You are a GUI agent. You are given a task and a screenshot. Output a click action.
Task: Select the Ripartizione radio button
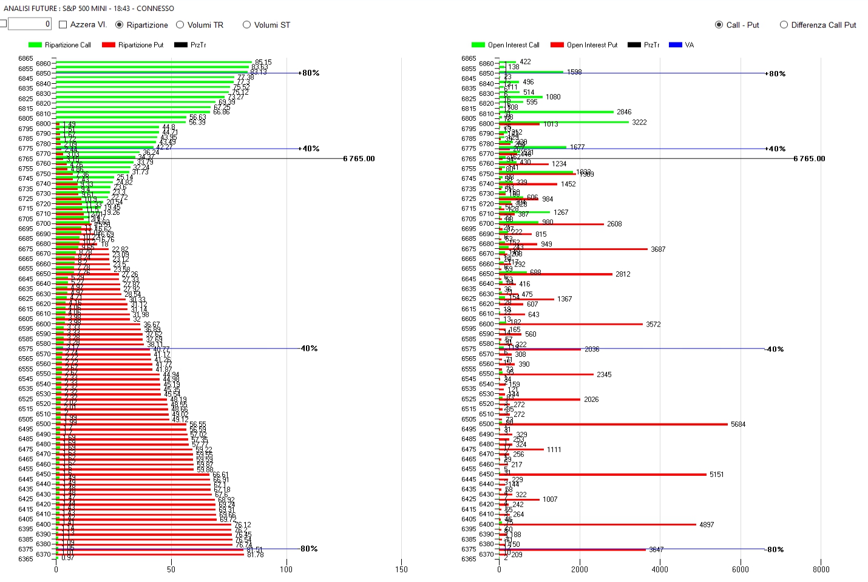point(120,25)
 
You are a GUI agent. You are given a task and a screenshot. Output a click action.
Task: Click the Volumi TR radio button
point(180,25)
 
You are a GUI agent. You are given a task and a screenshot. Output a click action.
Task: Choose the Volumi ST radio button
point(246,25)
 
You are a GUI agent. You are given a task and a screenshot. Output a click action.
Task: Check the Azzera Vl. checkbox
point(63,25)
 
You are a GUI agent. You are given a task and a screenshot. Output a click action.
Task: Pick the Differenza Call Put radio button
point(784,25)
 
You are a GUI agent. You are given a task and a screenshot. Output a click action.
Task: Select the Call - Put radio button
point(719,25)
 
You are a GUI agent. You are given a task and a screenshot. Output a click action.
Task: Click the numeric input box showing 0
point(29,24)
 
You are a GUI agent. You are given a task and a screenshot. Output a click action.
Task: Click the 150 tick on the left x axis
point(401,569)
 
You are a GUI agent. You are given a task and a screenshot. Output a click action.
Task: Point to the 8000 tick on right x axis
point(821,569)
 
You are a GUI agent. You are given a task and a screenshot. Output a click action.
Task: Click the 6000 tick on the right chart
point(740,569)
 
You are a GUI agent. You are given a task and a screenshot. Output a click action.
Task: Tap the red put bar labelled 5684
point(613,424)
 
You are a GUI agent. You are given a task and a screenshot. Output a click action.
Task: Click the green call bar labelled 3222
point(564,122)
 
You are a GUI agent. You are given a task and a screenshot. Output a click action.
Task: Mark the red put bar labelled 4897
point(598,524)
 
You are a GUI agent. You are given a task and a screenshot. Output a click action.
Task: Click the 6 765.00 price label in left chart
point(359,159)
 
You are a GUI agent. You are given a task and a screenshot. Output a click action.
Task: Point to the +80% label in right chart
point(777,74)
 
